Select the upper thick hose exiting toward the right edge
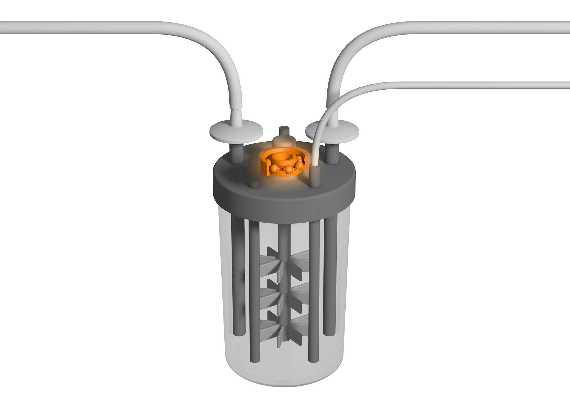click(473, 28)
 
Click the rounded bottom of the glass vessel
click(284, 381)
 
